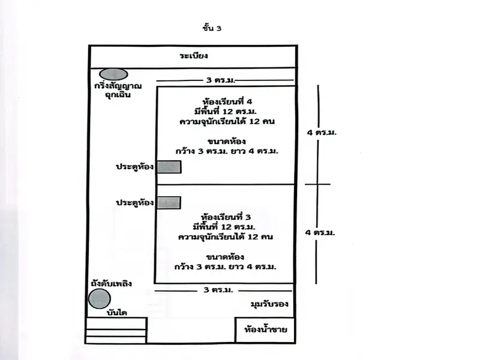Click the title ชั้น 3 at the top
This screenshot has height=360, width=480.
[x=212, y=27]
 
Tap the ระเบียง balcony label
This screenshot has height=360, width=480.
[x=193, y=56]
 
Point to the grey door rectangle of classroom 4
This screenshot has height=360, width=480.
[x=169, y=167]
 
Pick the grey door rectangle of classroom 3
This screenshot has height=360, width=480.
[x=169, y=203]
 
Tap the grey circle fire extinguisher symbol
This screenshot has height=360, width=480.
[x=99, y=298]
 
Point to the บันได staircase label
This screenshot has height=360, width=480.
[x=116, y=313]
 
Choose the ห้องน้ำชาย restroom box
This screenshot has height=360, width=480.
[x=265, y=329]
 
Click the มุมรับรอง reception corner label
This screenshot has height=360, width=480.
[x=269, y=305]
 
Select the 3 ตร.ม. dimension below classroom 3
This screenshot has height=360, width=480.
[x=218, y=290]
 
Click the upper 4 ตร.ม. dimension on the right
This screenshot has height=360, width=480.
[x=321, y=133]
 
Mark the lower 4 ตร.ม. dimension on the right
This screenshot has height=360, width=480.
[x=321, y=232]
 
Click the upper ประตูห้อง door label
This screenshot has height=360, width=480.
[x=135, y=167]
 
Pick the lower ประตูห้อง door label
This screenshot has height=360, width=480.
[x=135, y=203]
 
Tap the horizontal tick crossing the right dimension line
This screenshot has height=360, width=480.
[x=317, y=184]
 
